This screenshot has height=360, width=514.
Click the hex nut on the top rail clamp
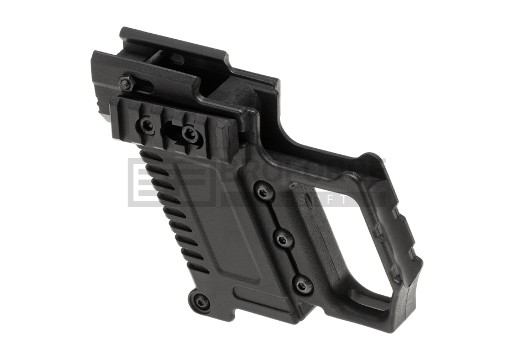[x=125, y=84]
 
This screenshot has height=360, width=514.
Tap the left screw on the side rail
[x=147, y=125]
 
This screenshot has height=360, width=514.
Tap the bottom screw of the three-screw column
[x=302, y=285]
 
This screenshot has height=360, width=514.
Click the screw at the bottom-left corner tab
[x=200, y=301]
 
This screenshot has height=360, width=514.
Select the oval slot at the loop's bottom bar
[x=376, y=301]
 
